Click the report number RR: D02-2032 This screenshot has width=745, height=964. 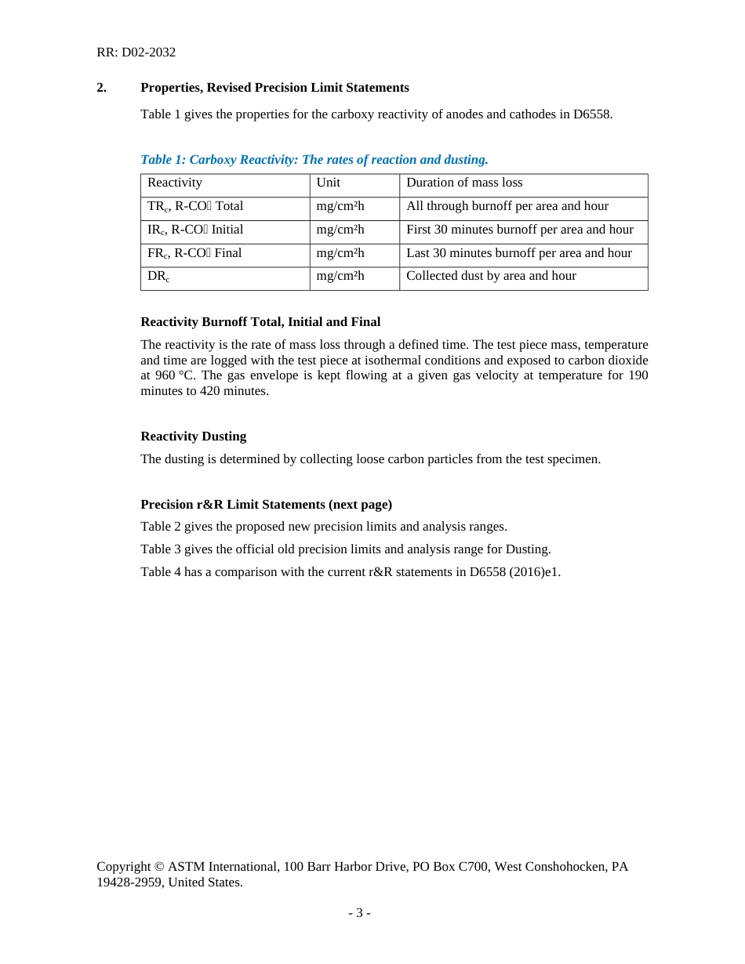[136, 53]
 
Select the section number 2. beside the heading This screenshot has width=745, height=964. [101, 88]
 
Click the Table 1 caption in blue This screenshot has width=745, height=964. [314, 160]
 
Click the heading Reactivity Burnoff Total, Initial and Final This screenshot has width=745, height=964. [260, 322]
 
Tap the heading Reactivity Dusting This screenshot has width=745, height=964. [193, 437]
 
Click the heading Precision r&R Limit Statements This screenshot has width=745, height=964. [266, 505]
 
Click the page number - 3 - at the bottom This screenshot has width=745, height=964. [359, 913]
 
